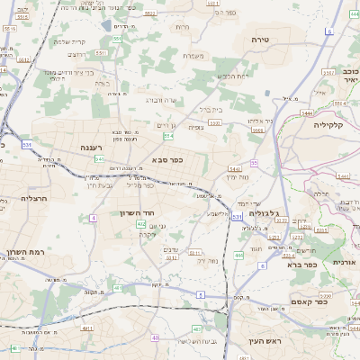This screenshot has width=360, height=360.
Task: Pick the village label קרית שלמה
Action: pyautogui.click(x=68, y=41)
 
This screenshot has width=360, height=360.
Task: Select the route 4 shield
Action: pyautogui.click(x=94, y=218)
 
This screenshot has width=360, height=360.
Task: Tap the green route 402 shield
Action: pyautogui.click(x=141, y=223)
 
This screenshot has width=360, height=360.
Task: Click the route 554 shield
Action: pyautogui.click(x=168, y=136)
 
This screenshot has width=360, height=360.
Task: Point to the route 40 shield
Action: pyautogui.click(x=157, y=338)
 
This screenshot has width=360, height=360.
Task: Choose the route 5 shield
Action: pyautogui.click(x=201, y=294)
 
